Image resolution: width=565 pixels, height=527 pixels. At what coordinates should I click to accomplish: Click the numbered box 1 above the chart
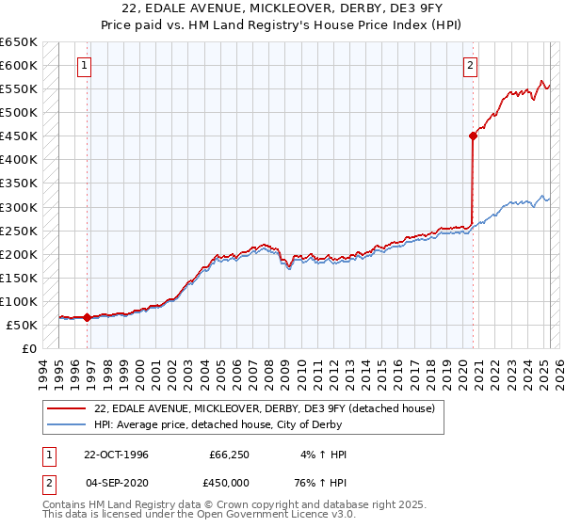click(x=86, y=66)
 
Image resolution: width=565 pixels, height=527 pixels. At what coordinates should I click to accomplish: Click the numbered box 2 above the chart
click(x=470, y=66)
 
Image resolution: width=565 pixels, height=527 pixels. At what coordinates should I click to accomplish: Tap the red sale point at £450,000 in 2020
click(x=474, y=136)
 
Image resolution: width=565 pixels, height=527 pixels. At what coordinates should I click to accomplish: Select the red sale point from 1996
click(x=88, y=317)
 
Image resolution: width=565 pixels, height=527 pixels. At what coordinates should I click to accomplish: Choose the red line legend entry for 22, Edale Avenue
click(x=265, y=408)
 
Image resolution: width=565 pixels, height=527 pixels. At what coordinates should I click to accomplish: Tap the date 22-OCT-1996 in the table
click(x=116, y=455)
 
